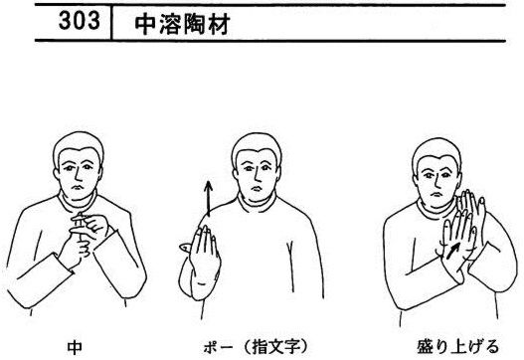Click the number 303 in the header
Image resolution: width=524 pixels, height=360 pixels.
(x=80, y=21)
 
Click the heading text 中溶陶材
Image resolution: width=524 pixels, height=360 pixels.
(x=182, y=25)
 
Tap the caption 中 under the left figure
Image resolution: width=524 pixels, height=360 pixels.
(x=75, y=347)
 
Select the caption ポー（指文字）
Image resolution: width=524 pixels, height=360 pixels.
(x=256, y=347)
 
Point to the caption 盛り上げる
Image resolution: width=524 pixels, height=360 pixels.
(x=457, y=347)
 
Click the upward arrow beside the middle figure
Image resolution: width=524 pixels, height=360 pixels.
(x=208, y=199)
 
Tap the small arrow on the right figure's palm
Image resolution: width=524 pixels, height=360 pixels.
(x=452, y=251)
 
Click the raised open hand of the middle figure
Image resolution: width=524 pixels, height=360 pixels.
(x=201, y=253)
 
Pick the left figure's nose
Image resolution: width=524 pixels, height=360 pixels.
(x=77, y=175)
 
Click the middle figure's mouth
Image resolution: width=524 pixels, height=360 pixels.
(x=256, y=189)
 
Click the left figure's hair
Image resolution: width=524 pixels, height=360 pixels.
(x=79, y=145)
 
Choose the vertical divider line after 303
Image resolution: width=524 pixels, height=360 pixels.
(x=111, y=23)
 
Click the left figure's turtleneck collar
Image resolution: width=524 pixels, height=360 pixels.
(x=78, y=202)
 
